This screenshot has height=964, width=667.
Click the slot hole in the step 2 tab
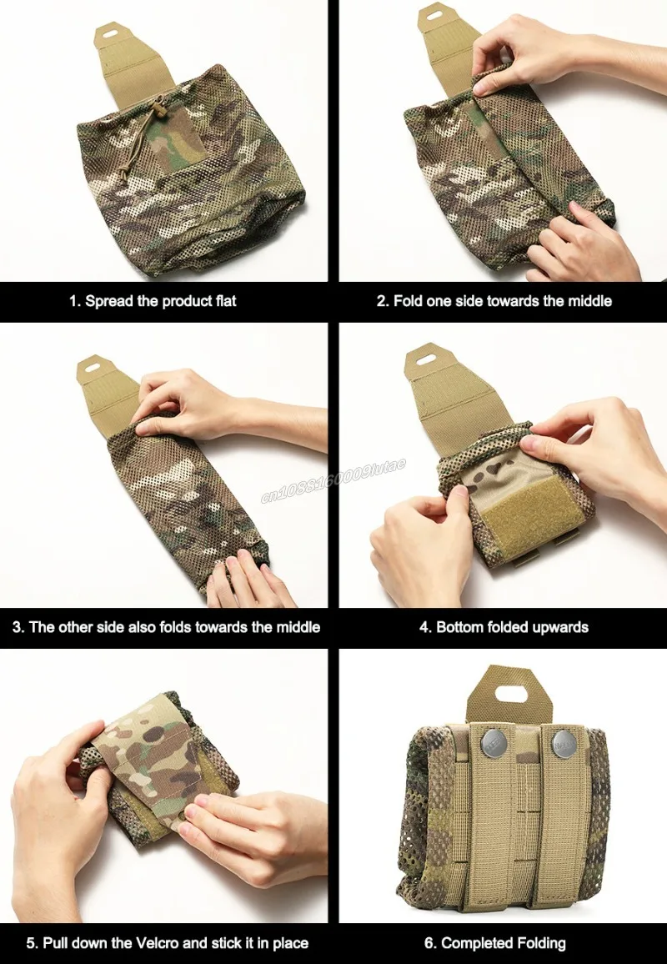click(x=434, y=13)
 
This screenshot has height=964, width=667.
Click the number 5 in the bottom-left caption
click(x=30, y=943)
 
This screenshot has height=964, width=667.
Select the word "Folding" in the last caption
click(x=542, y=944)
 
